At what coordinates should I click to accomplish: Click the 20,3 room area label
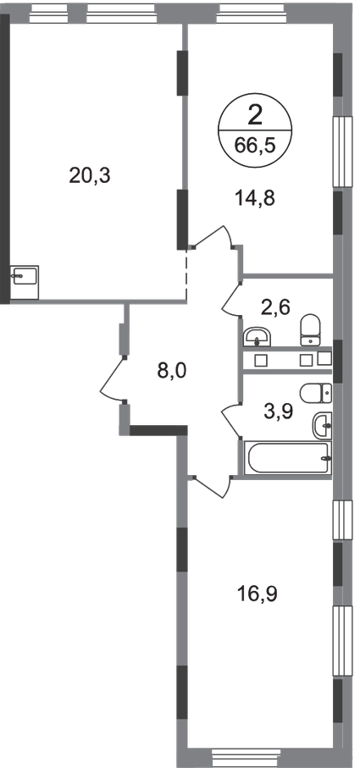pyautogui.click(x=91, y=176)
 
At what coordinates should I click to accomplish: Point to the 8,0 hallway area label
pyautogui.click(x=172, y=371)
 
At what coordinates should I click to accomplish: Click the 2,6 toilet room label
pyautogui.click(x=276, y=307)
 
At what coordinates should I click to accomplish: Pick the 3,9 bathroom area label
pyautogui.click(x=278, y=412)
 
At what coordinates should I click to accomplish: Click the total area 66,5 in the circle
pyautogui.click(x=255, y=146)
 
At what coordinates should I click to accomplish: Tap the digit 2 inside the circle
pyautogui.click(x=255, y=117)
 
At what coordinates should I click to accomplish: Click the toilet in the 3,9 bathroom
pyautogui.click(x=316, y=392)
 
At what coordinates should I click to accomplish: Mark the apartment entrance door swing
pyautogui.click(x=112, y=379)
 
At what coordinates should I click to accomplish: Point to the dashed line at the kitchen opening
pyautogui.click(x=186, y=275)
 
